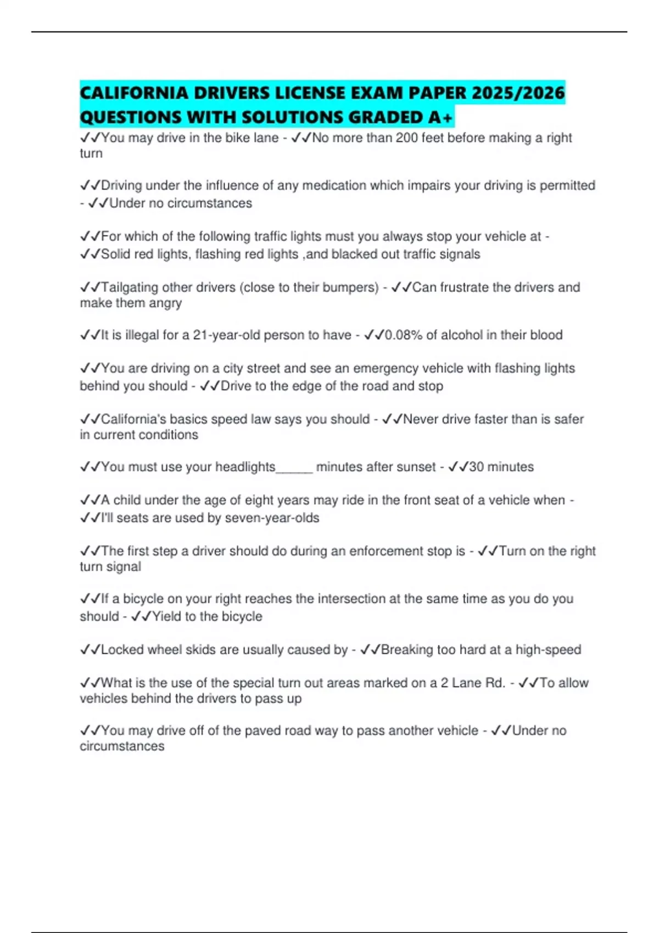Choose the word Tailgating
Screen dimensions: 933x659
point(132,288)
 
